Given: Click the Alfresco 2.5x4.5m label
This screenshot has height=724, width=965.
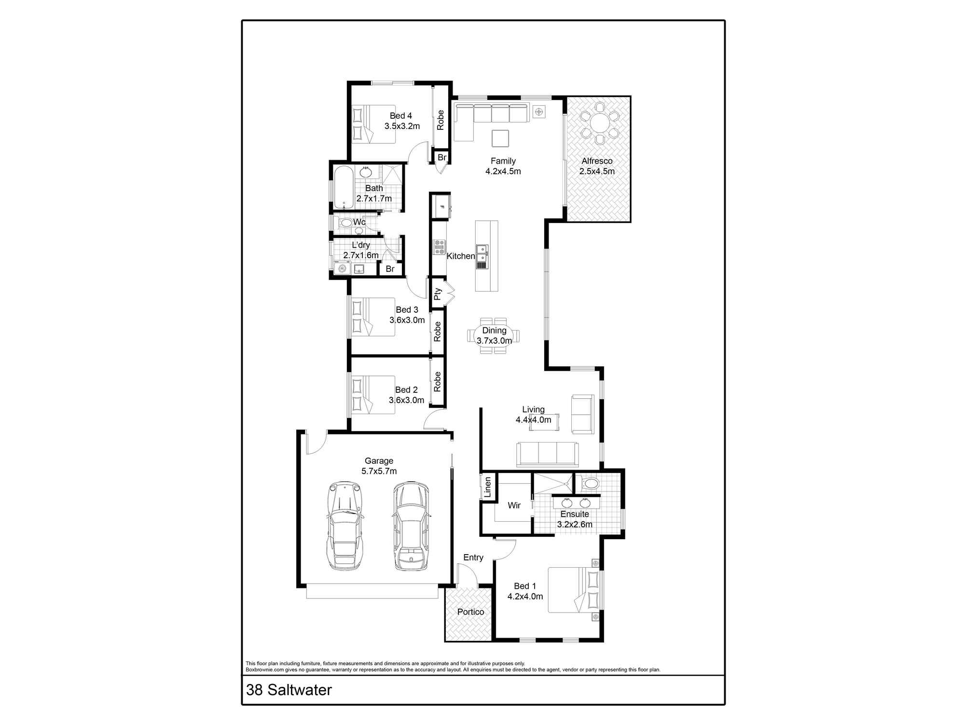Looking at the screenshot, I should pyautogui.click(x=597, y=166).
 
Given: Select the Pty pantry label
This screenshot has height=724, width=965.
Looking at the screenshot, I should pyautogui.click(x=438, y=294).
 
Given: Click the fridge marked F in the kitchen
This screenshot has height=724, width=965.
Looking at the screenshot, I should pyautogui.click(x=441, y=207).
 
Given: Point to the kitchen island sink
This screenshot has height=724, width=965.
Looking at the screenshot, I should pyautogui.click(x=482, y=253).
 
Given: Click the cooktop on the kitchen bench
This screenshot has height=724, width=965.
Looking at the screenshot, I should pyautogui.click(x=440, y=247).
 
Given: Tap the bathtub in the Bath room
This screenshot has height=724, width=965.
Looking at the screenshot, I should pyautogui.click(x=343, y=188).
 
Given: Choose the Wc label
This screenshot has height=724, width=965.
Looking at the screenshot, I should pyautogui.click(x=359, y=222).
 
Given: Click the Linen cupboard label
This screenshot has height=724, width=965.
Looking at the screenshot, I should pyautogui.click(x=487, y=487).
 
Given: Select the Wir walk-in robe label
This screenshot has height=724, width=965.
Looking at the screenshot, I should pyautogui.click(x=514, y=505).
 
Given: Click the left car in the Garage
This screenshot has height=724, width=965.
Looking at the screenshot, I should pyautogui.click(x=345, y=526).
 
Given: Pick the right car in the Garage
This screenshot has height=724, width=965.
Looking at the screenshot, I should pyautogui.click(x=410, y=526).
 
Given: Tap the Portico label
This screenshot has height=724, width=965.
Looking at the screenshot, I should pyautogui.click(x=470, y=612).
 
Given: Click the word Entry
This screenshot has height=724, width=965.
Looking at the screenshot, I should pyautogui.click(x=473, y=557).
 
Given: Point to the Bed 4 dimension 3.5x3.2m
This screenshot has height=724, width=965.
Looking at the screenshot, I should pyautogui.click(x=402, y=126).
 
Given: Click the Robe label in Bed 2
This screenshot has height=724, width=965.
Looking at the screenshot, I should pyautogui.click(x=437, y=382).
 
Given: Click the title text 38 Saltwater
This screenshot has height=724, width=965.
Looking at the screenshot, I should pyautogui.click(x=289, y=690).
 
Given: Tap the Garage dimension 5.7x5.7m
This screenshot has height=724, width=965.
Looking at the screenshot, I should pyautogui.click(x=379, y=471).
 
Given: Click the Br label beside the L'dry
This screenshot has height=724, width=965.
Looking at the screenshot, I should pyautogui.click(x=390, y=269).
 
